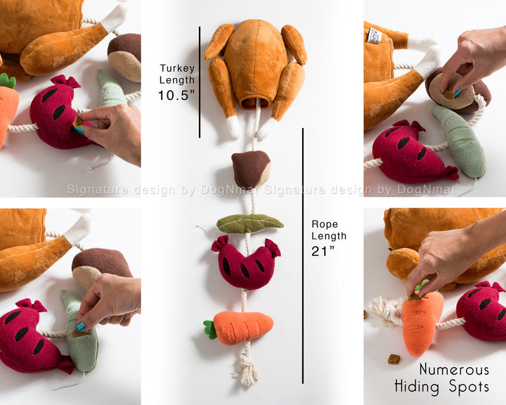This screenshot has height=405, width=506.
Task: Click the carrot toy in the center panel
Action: tap(239, 327)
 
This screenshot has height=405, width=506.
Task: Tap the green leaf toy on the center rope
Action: tap(249, 224)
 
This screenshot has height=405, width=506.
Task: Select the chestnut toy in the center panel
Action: tap(251, 169)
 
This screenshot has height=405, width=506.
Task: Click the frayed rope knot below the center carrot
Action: tap(247, 369)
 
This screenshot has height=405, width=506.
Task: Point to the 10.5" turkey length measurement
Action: tap(176, 96)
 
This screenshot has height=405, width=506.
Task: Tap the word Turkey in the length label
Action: tap(177, 68)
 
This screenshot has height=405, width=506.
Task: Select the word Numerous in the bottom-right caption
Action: tap(454, 369)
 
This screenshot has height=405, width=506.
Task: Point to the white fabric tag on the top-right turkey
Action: tap(375, 35)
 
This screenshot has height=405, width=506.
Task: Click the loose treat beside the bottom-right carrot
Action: tap(394, 359)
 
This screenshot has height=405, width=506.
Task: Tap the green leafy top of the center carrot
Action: tap(210, 330)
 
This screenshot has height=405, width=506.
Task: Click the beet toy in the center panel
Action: tap(246, 262)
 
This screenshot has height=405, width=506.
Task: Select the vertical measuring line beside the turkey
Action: tap(200, 82)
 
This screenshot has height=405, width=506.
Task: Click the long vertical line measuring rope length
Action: tap(303, 256)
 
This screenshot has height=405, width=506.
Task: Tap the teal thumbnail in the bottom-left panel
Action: tap(80, 327)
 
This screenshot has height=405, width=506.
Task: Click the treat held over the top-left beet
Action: tap(77, 122)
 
